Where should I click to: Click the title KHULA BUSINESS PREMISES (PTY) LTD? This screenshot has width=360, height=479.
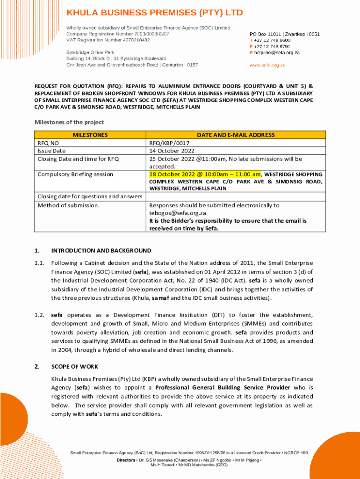point(154,13)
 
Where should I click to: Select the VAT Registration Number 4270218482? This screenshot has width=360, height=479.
point(108,40)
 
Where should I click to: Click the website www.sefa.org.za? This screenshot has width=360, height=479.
point(267,65)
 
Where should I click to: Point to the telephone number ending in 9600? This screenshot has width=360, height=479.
point(272,40)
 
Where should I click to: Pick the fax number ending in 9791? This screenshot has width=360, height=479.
point(272,47)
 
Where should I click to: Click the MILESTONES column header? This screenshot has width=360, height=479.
point(90,135)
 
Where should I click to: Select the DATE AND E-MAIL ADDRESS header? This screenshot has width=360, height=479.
point(236,135)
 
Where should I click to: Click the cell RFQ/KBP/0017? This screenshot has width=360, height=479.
point(169,143)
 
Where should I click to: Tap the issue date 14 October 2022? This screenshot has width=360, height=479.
point(172,151)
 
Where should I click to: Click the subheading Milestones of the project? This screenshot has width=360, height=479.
point(69,122)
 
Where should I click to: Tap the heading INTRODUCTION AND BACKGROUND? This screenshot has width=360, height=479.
point(101,250)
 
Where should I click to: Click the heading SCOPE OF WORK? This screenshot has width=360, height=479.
point(75,366)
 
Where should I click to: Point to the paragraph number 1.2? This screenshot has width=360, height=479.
point(39,315)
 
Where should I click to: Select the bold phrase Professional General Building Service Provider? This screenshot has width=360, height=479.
point(223,387)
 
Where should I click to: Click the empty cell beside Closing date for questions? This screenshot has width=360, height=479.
point(236,196)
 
